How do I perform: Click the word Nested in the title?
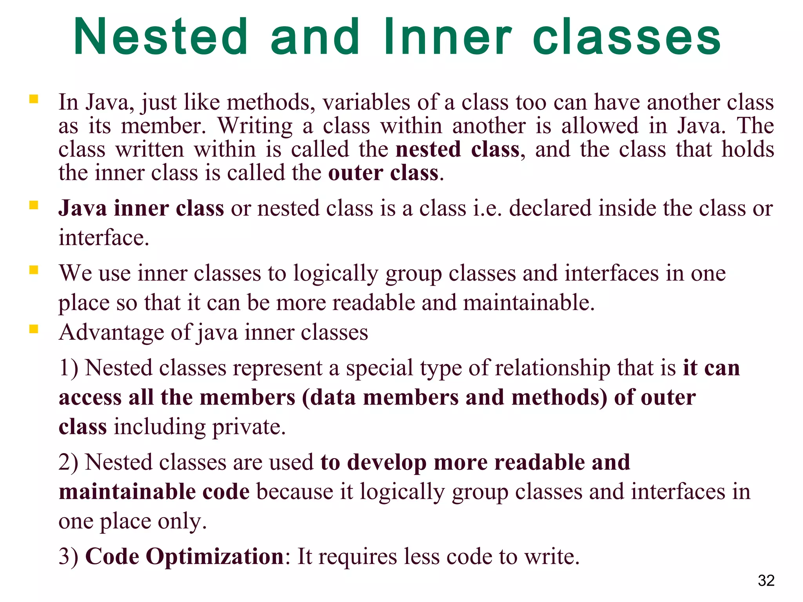pyautogui.click(x=161, y=37)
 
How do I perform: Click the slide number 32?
pyautogui.click(x=766, y=580)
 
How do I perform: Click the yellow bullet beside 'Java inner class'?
pyautogui.click(x=34, y=205)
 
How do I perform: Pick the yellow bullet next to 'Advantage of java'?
pyautogui.click(x=34, y=329)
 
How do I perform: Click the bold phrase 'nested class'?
pyautogui.click(x=458, y=150)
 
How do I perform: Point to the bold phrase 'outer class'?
pyautogui.click(x=383, y=173)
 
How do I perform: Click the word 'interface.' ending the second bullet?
pyautogui.click(x=104, y=238)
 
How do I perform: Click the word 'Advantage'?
pyautogui.click(x=111, y=333)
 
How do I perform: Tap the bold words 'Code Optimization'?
pyautogui.click(x=184, y=557)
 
